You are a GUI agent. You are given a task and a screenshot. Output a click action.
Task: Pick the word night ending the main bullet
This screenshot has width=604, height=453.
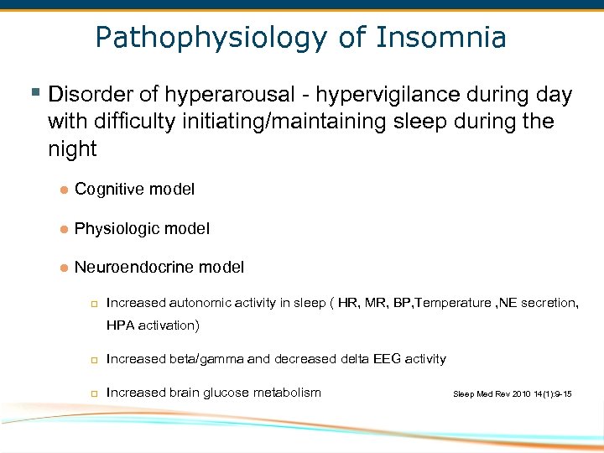[72, 150]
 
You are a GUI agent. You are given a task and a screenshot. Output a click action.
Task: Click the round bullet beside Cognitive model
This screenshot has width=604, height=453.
[63, 190]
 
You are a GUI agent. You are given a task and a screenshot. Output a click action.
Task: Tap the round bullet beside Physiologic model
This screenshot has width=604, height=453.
[63, 229]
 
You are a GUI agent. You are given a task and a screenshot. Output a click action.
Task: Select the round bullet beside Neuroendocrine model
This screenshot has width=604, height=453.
[63, 268]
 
